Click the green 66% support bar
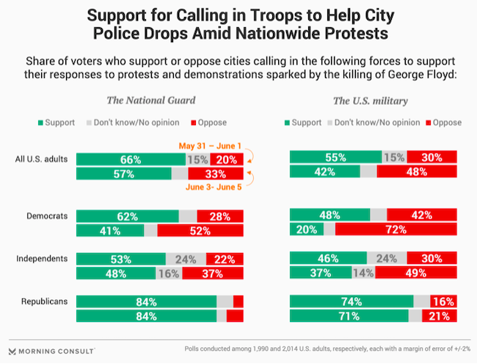131,159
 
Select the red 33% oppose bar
216,174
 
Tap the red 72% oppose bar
396,230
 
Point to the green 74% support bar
352,301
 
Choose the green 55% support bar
336,157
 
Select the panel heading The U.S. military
371,101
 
